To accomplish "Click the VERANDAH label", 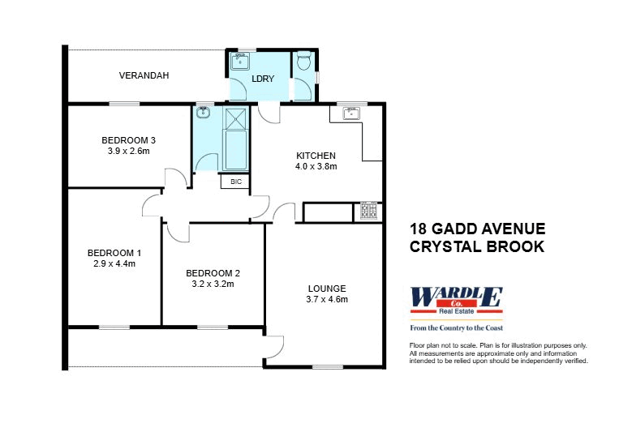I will coord(144,75).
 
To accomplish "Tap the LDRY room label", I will coord(263,79).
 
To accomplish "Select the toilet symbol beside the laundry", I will coord(303,62).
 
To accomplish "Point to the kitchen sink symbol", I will coord(351,113).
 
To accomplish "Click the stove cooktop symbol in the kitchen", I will coord(369,212).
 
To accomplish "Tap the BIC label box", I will coord(236,182).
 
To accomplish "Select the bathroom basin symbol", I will coord(204,113).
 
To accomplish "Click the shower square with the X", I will coord(235,119).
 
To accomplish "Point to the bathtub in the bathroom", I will coord(235,149).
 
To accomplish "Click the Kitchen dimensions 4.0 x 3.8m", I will coord(316,166).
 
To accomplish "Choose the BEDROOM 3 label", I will coord(128,139).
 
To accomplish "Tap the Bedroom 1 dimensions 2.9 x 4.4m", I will coord(114,263).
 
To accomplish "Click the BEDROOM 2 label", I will coord(213,273).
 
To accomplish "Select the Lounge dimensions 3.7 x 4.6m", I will coord(327,300).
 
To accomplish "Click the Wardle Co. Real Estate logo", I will coord(457,300).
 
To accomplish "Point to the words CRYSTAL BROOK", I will coord(477,247).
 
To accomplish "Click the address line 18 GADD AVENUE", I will coord(478,229).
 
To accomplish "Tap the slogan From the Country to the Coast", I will coord(457,327).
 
